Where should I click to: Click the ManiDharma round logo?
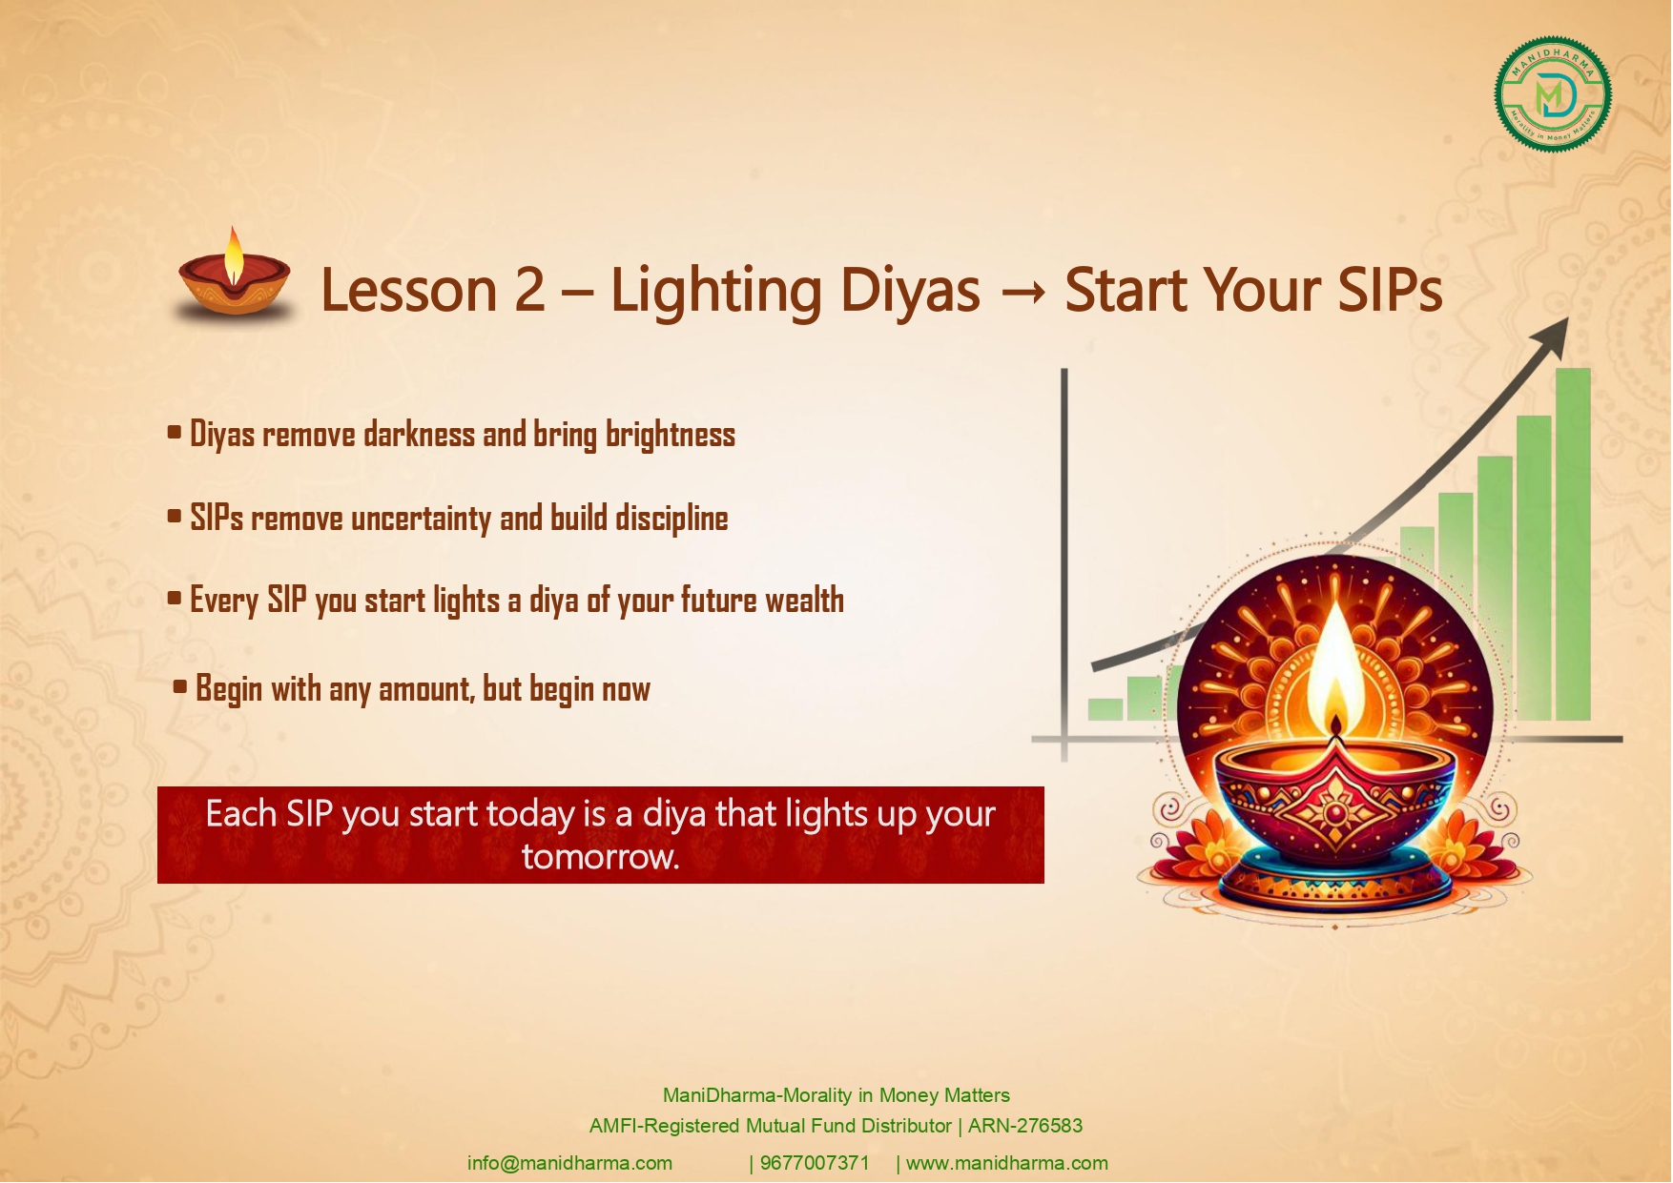click(x=1553, y=94)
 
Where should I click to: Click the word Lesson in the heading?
click(x=409, y=290)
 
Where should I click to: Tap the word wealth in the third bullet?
click(x=804, y=601)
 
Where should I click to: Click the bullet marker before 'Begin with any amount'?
click(x=180, y=686)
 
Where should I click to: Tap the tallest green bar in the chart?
click(x=1573, y=543)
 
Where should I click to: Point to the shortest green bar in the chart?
click(x=1105, y=708)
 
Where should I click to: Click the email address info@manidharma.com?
click(x=569, y=1163)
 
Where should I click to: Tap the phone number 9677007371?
click(x=815, y=1163)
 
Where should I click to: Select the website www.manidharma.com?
click(x=1007, y=1163)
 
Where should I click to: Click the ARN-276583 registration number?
click(x=1025, y=1126)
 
